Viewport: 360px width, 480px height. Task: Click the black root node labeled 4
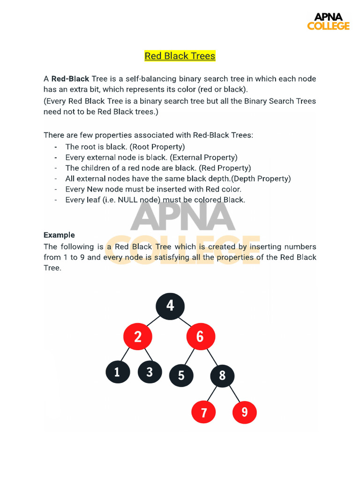click(170, 306)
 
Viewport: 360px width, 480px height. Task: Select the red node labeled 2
click(138, 337)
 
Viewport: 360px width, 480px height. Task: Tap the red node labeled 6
click(201, 337)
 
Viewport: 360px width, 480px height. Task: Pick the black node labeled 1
click(117, 372)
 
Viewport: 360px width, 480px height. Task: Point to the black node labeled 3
click(150, 372)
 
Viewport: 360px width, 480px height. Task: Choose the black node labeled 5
click(181, 375)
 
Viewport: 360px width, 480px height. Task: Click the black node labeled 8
click(222, 375)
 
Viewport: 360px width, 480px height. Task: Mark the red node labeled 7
click(204, 412)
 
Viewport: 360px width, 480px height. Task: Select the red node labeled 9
click(244, 412)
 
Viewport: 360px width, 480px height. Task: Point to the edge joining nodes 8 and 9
click(234, 395)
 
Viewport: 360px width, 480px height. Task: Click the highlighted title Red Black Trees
click(180, 56)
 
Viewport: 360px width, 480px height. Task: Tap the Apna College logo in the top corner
click(328, 22)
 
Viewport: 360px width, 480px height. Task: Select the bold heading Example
click(59, 235)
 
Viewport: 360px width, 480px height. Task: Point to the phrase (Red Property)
click(225, 168)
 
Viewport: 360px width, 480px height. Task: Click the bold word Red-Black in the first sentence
click(70, 79)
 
